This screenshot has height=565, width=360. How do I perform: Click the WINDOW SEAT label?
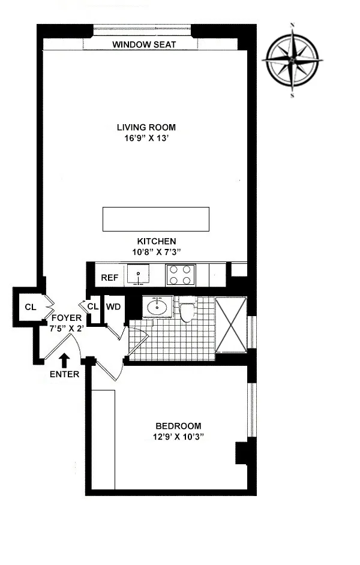tap(144, 45)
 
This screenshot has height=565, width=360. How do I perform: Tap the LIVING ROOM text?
tap(146, 127)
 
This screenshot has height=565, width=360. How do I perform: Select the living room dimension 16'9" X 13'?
tap(146, 137)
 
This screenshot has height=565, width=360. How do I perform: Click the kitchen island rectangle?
tap(155, 219)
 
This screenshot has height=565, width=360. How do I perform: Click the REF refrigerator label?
tap(109, 277)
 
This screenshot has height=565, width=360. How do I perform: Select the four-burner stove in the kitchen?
tap(180, 275)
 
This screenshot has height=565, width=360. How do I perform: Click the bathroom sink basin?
tap(158, 308)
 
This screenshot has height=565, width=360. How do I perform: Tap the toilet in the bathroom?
tap(187, 311)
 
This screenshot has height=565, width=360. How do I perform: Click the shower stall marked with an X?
tap(231, 324)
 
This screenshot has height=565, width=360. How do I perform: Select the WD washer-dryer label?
tap(113, 306)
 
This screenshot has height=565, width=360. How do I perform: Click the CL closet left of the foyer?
tap(30, 307)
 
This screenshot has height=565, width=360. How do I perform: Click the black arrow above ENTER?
tap(65, 360)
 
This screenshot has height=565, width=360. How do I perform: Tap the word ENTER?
tap(65, 374)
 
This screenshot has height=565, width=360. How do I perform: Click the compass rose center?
tap(292, 61)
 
